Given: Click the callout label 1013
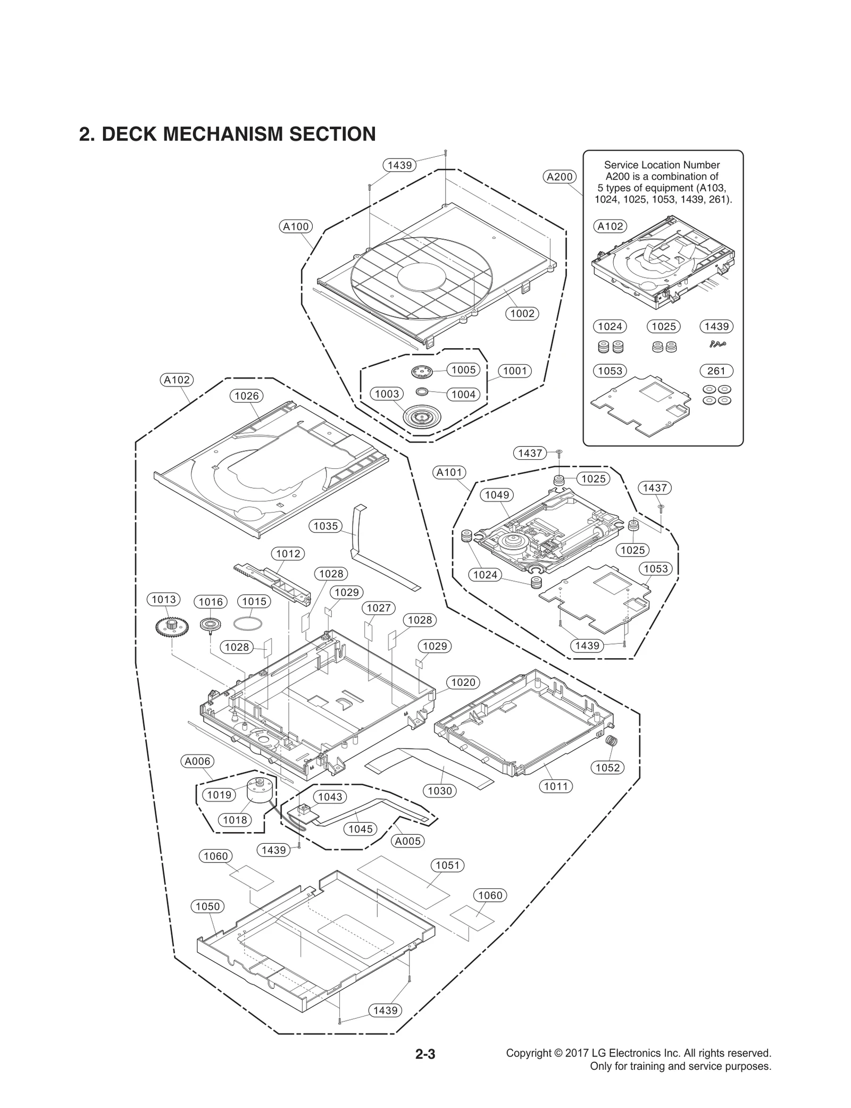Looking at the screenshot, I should pos(164,599).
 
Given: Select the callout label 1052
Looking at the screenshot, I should pos(607,767).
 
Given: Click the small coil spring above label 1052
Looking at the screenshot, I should pos(612,741).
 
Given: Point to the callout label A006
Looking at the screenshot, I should pos(197,761).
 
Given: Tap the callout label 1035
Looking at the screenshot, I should pos(326,526).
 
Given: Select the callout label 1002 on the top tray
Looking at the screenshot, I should pos(522,313).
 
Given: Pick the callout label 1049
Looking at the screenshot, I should pos(497,494).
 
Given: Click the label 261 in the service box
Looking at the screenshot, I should pos(716,371).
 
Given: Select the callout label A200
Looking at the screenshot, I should pos(560,177).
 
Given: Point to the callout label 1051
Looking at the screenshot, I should pos(447,865).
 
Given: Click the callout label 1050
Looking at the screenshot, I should pos(207,906).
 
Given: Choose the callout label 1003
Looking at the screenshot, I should pos(387,393).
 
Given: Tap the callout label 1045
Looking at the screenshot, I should pos(360,828).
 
